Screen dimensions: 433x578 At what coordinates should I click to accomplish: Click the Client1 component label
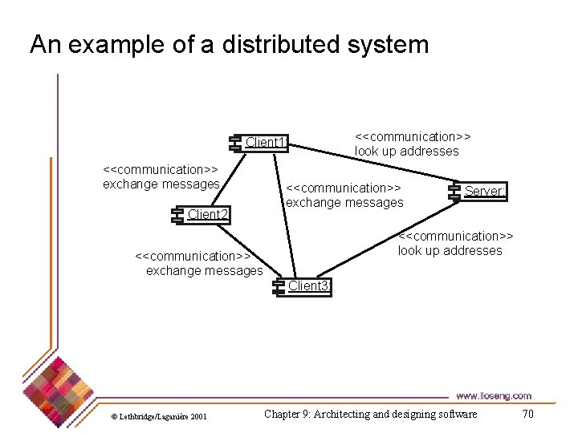[x=266, y=143]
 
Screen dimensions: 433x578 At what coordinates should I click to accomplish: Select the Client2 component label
[x=208, y=214]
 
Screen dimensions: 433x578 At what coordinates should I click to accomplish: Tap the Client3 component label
[x=308, y=286]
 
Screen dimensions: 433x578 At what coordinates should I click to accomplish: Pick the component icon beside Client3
[x=278, y=286]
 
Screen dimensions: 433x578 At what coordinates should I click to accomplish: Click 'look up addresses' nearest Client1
[x=406, y=151]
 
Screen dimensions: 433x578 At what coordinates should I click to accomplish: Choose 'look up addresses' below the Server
[x=450, y=250]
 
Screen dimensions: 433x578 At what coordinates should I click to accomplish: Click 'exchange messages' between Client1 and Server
[x=344, y=203]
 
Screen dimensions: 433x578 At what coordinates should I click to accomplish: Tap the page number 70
[x=527, y=414]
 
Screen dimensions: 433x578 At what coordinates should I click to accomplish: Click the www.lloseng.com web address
[x=493, y=395]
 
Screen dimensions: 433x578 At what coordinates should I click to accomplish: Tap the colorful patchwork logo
[x=56, y=383]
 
